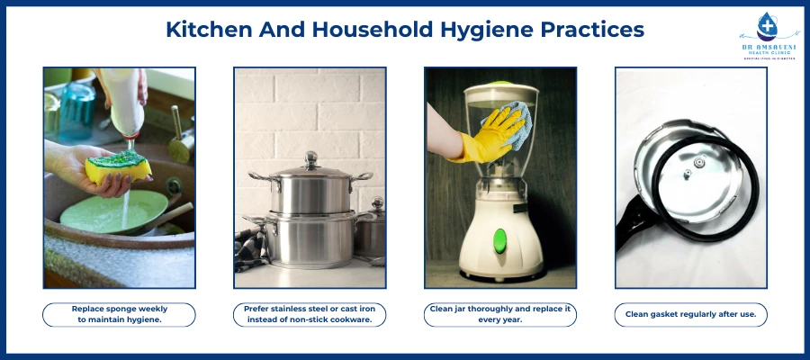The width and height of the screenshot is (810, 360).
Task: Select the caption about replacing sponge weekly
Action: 120,314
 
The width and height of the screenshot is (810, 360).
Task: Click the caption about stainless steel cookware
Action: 310,314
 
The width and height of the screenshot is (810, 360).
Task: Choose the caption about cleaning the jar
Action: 500,314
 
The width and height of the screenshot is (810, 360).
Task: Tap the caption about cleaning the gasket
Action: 690,314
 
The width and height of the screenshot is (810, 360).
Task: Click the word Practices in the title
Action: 594,29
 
